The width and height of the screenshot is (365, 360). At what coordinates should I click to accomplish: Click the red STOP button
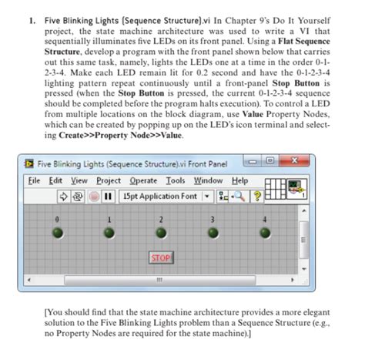[x=160, y=257]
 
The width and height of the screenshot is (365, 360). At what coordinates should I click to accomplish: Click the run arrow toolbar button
[x=63, y=196]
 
